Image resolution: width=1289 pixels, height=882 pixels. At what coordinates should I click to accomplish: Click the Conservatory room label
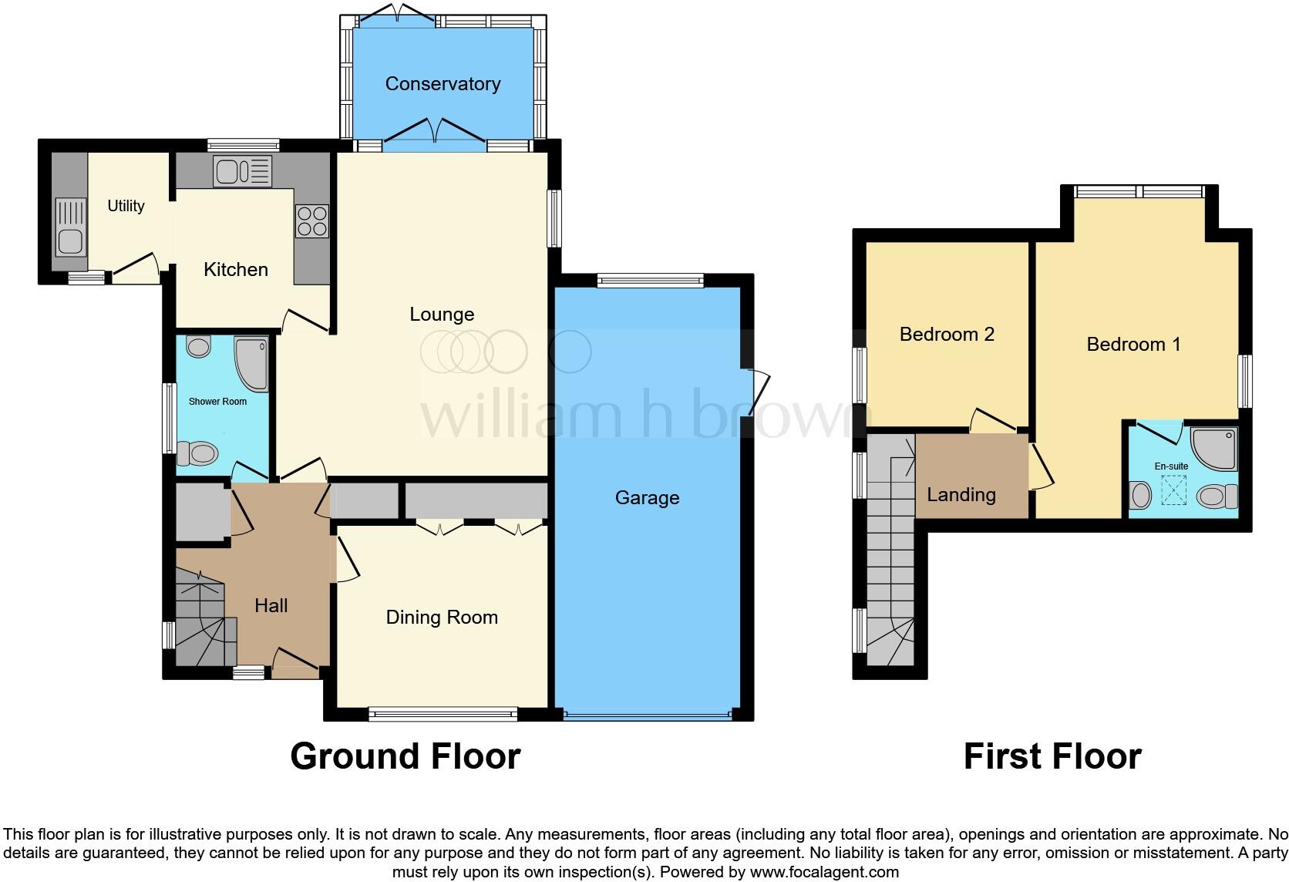click(x=443, y=84)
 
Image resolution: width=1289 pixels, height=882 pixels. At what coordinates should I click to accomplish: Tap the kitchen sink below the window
click(x=243, y=171)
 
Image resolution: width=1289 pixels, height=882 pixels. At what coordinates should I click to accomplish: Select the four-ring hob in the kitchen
click(x=311, y=221)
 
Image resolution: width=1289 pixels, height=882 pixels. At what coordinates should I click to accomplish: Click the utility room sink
click(x=70, y=227)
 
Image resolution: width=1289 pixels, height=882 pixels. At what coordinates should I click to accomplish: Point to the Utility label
click(x=126, y=206)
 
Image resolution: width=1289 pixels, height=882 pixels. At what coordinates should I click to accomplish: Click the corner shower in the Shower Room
click(x=251, y=364)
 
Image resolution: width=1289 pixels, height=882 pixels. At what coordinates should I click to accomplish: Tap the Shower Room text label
click(x=217, y=402)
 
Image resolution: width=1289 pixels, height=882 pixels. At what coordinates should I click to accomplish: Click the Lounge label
click(x=442, y=315)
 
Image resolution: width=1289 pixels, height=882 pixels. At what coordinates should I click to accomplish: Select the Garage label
click(x=647, y=498)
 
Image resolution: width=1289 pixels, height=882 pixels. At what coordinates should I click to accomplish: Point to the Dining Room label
click(x=442, y=618)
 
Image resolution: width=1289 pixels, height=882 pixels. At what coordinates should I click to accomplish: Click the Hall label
click(x=271, y=606)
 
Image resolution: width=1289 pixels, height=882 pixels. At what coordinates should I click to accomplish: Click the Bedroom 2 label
click(x=947, y=335)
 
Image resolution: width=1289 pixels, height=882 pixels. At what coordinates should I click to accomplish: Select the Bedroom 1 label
click(x=1133, y=345)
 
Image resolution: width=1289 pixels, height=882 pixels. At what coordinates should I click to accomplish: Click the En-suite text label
click(x=1171, y=466)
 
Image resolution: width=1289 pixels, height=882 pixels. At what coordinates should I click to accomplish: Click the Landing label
click(x=961, y=495)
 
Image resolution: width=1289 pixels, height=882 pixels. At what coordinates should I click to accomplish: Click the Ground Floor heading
click(x=406, y=756)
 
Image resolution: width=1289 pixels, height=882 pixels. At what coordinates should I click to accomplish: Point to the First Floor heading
click(x=1052, y=756)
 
